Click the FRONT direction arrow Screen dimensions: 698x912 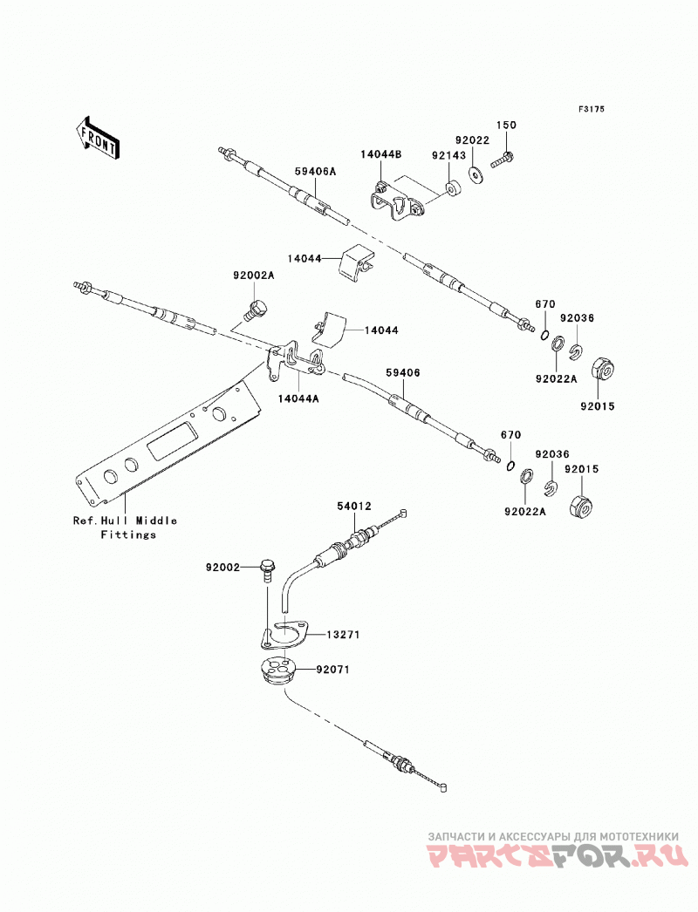click(98, 137)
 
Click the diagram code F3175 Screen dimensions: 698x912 click(592, 109)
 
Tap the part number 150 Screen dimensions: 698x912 click(506, 125)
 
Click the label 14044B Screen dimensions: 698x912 click(380, 154)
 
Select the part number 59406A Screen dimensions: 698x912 click(316, 172)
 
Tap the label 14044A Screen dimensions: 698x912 click(298, 398)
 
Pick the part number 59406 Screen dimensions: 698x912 click(403, 372)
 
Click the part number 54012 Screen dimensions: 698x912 click(354, 507)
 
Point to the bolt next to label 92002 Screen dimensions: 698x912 click(267, 569)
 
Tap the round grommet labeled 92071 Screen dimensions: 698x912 click(279, 670)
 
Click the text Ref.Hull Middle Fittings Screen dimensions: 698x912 click(125, 527)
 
